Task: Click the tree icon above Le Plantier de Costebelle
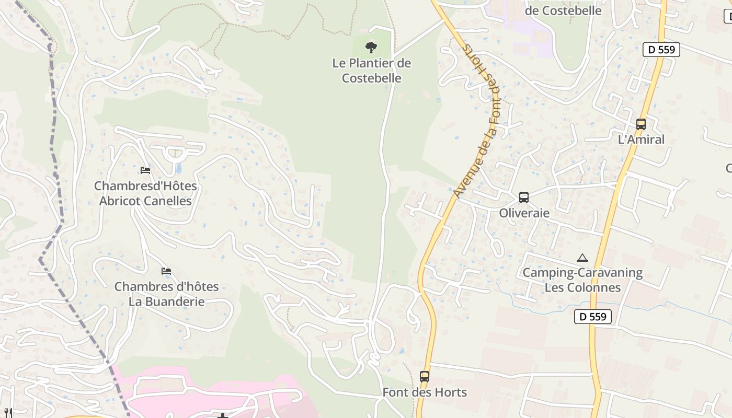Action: click(371, 48)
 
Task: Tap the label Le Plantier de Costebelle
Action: click(372, 71)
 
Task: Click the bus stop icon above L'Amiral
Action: click(641, 124)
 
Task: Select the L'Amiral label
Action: click(641, 140)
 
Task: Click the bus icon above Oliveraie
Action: click(524, 198)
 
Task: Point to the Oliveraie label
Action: click(524, 213)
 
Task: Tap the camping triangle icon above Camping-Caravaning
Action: click(582, 258)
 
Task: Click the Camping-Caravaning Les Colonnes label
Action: click(582, 280)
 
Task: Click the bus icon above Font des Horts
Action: click(425, 376)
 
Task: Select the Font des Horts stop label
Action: click(425, 392)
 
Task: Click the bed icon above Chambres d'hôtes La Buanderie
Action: click(166, 271)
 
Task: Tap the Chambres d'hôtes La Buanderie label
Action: click(166, 294)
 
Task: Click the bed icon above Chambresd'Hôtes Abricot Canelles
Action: click(145, 170)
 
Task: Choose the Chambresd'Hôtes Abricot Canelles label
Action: click(145, 193)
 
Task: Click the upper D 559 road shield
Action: click(661, 50)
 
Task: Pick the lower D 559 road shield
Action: click(593, 316)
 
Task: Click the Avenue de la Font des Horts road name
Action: click(477, 121)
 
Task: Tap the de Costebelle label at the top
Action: click(563, 10)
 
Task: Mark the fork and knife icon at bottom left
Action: click(8, 413)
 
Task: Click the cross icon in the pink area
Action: click(223, 416)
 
